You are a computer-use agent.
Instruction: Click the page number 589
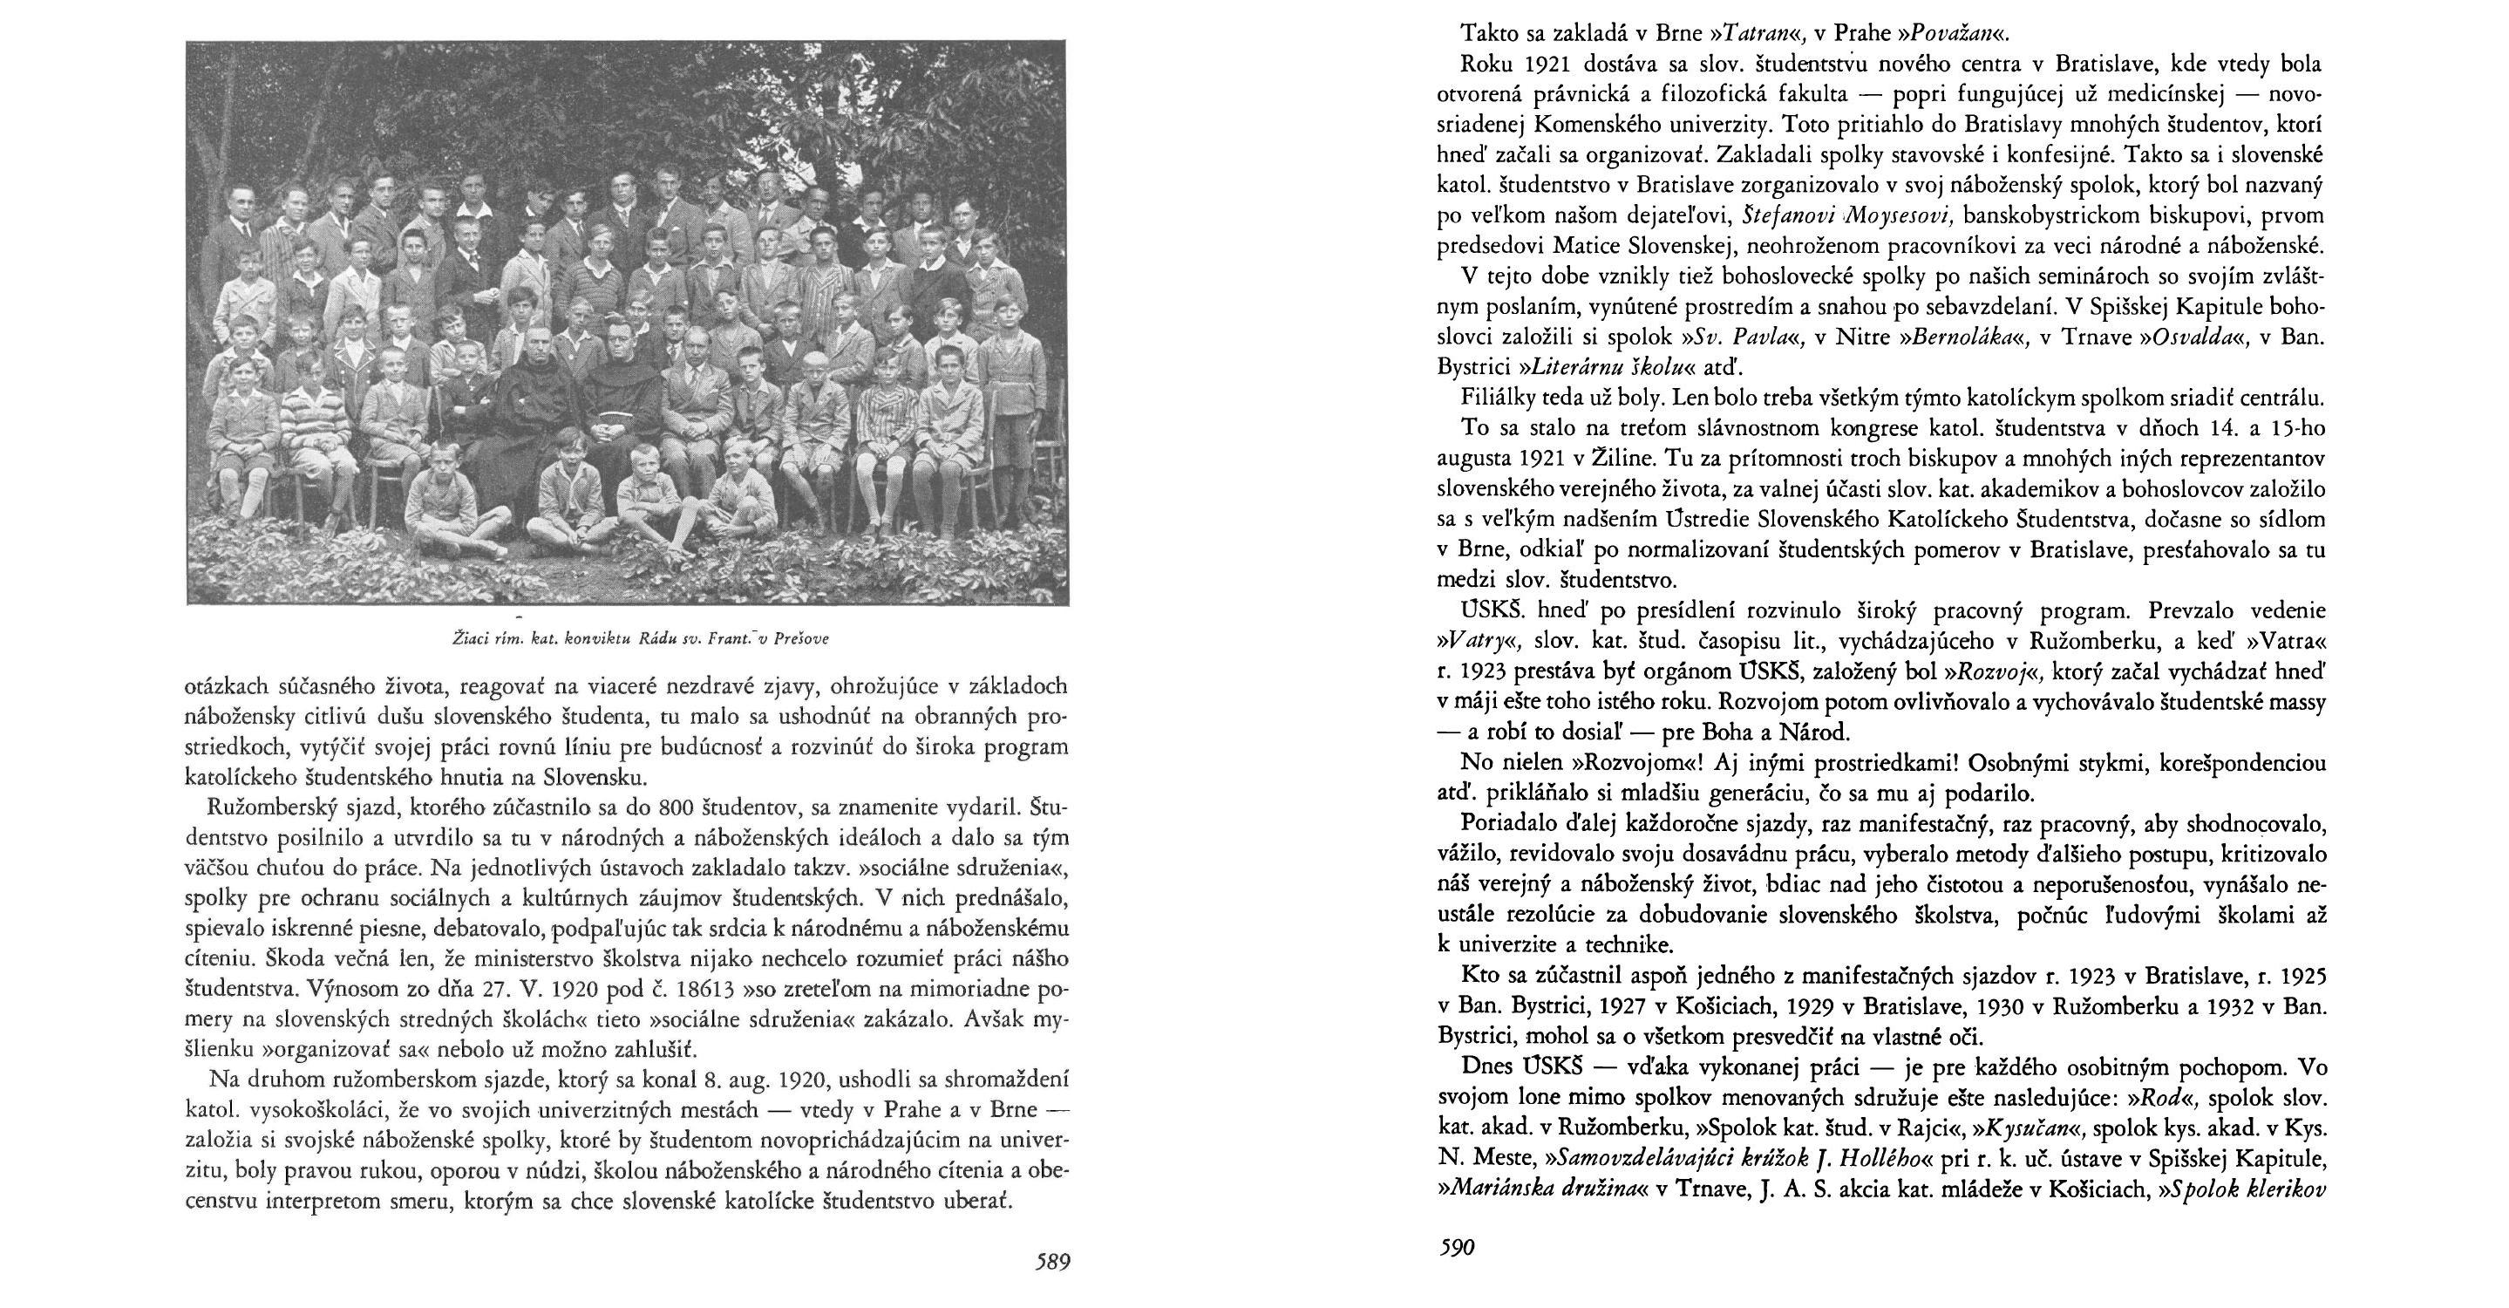pyautogui.click(x=1052, y=1263)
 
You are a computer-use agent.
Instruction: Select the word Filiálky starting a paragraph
pyautogui.click(x=1501, y=399)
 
